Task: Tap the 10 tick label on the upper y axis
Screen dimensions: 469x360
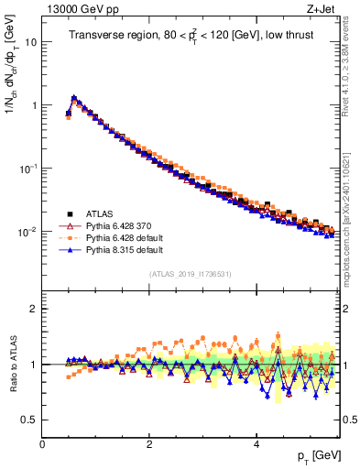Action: (30, 42)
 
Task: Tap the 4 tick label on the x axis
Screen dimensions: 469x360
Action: (256, 444)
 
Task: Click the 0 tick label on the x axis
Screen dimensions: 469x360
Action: (42, 444)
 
